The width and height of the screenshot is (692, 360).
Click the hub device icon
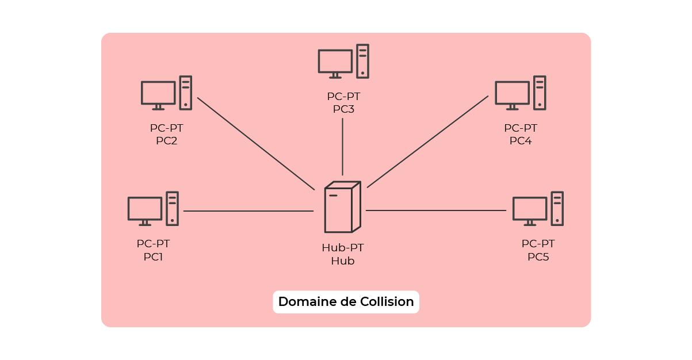pos(342,207)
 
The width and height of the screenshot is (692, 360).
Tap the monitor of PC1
pos(144,209)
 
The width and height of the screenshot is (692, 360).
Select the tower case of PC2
pos(185,93)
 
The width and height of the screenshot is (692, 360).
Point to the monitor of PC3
pos(335,62)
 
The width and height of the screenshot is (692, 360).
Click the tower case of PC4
pos(539,93)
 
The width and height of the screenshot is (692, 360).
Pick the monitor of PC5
pos(529,209)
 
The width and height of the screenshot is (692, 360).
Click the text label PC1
pos(153,257)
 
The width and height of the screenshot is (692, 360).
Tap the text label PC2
pos(166,141)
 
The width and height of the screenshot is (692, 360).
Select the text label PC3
pos(343,109)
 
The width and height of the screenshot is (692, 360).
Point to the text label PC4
pos(521,141)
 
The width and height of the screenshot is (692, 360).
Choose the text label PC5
pos(538,257)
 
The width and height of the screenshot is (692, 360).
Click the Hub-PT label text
pos(342,248)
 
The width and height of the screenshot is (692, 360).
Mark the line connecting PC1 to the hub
pos(248,211)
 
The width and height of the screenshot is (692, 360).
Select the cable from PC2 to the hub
pos(256,143)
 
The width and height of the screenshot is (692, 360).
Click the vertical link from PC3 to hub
pos(343,147)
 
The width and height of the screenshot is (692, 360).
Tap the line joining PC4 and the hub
pos(427,141)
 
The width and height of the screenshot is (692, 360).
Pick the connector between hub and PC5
pos(436,210)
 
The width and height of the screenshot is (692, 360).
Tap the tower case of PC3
pos(362,61)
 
